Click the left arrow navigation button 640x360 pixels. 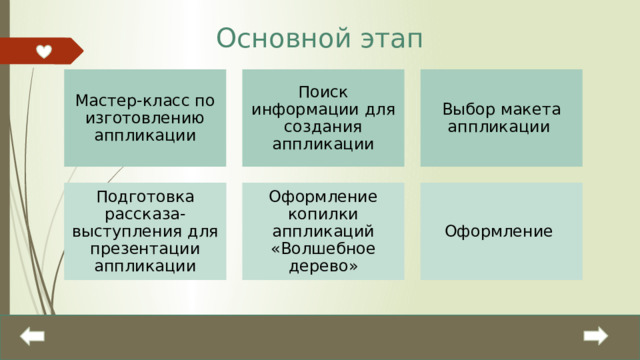[32, 337]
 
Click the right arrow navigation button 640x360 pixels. [597, 337]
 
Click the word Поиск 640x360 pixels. [323, 92]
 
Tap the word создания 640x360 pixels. [323, 126]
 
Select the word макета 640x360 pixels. [528, 109]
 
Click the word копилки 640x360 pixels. [323, 214]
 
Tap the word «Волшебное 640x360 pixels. [323, 248]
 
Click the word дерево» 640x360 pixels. [323, 265]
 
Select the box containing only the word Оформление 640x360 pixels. [501, 231]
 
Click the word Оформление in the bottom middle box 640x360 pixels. [323, 197]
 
